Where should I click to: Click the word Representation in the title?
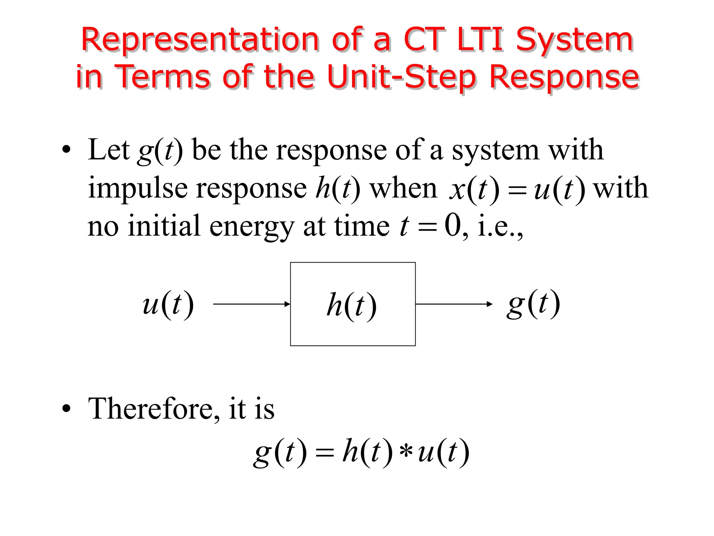tap(199, 40)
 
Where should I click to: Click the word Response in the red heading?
tap(564, 77)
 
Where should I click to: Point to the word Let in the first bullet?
tap(108, 150)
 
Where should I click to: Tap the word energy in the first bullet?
tap(252, 227)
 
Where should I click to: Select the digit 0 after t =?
tap(453, 226)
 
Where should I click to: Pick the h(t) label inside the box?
tap(351, 305)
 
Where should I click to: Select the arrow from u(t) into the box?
tap(251, 304)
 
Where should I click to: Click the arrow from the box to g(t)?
tap(454, 304)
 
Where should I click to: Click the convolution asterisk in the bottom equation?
tap(406, 453)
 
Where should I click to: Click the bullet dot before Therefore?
tap(66, 409)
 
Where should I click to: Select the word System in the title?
tap(574, 40)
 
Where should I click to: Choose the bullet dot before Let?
tap(66, 150)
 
